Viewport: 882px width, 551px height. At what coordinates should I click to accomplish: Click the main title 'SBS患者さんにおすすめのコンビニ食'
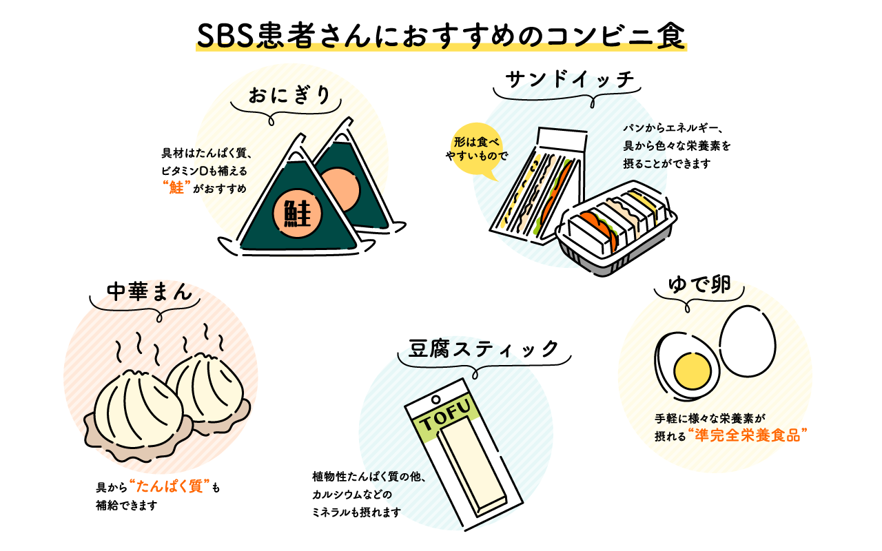pos(441,37)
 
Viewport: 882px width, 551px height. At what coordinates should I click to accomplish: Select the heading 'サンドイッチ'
pos(569,80)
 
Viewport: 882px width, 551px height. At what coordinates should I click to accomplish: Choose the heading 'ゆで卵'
pos(700,284)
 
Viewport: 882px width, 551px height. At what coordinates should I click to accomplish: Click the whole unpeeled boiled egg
pos(748,340)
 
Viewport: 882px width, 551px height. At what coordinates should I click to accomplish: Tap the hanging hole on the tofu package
pos(435,399)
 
